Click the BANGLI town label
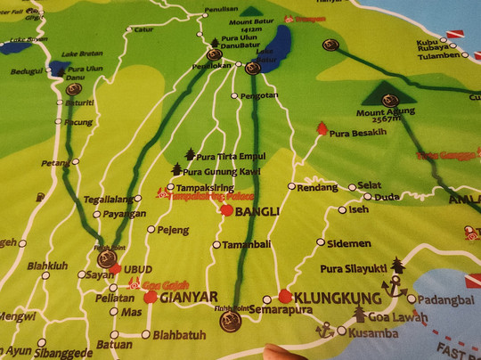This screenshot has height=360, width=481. [259, 211]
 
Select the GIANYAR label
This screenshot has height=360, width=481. [191, 297]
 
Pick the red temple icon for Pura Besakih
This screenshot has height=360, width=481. [322, 129]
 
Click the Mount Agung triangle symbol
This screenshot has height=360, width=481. [387, 93]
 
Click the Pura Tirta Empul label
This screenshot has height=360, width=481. [231, 157]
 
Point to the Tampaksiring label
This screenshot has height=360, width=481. [207, 189]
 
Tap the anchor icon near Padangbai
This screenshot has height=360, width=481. [389, 286]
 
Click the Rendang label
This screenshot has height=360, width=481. [317, 187]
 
